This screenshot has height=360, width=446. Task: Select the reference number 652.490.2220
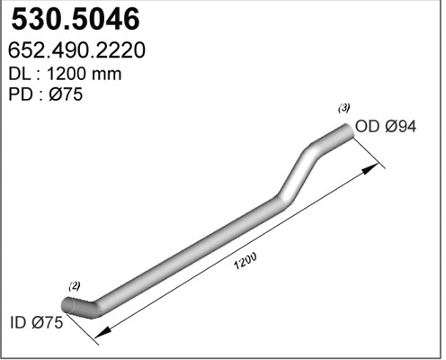[78, 50]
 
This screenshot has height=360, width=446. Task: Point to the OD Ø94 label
[387, 128]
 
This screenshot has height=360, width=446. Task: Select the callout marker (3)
[344, 108]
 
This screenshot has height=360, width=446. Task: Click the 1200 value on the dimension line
[245, 261]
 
